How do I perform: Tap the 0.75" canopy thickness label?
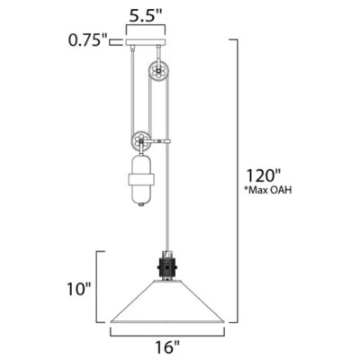tap(87, 40)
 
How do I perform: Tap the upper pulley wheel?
tap(159, 71)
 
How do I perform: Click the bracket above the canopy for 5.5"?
tap(148, 29)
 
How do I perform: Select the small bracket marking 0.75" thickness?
tap(115, 40)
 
